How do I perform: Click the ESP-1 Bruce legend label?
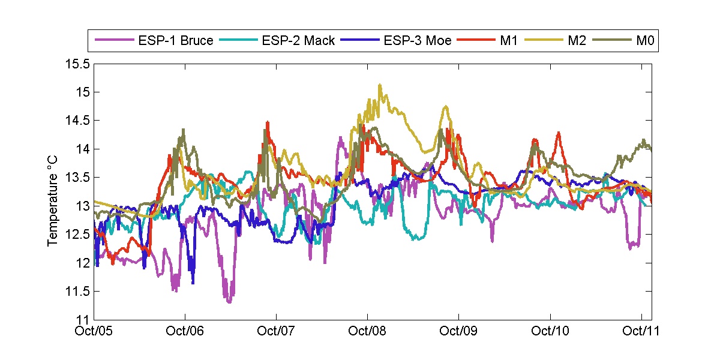[x=176, y=41]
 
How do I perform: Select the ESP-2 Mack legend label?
[x=298, y=41]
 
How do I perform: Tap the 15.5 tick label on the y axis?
[x=78, y=64]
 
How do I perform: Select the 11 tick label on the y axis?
[x=83, y=320]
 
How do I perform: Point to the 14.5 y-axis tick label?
[x=78, y=121]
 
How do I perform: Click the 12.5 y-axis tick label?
[x=78, y=235]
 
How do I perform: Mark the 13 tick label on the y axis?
[x=83, y=206]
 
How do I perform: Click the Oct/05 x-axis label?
[x=95, y=331]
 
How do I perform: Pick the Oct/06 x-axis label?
[x=185, y=331]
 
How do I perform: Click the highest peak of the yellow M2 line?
[x=380, y=85]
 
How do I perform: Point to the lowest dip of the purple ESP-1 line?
[x=230, y=302]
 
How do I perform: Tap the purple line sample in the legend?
[x=114, y=41]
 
